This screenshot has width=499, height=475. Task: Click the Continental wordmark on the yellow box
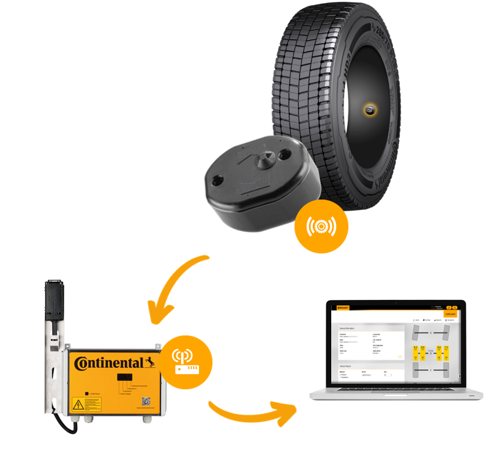click(110, 363)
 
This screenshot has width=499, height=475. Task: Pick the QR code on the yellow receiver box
click(146, 402)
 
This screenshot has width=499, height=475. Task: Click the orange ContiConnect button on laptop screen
click(450, 313)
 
